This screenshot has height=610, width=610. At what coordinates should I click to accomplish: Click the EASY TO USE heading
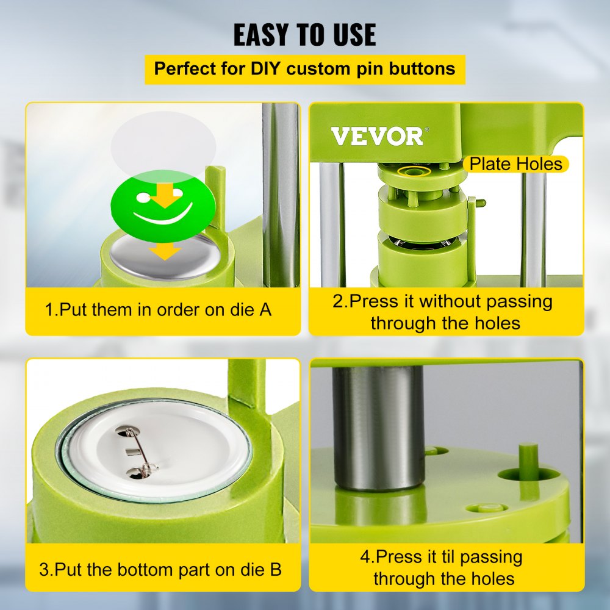coord(305,34)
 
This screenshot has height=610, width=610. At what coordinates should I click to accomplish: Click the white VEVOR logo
coord(376,136)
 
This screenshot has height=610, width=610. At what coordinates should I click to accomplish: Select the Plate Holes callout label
coord(515,163)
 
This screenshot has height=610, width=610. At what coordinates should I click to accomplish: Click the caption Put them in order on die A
coord(159,310)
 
